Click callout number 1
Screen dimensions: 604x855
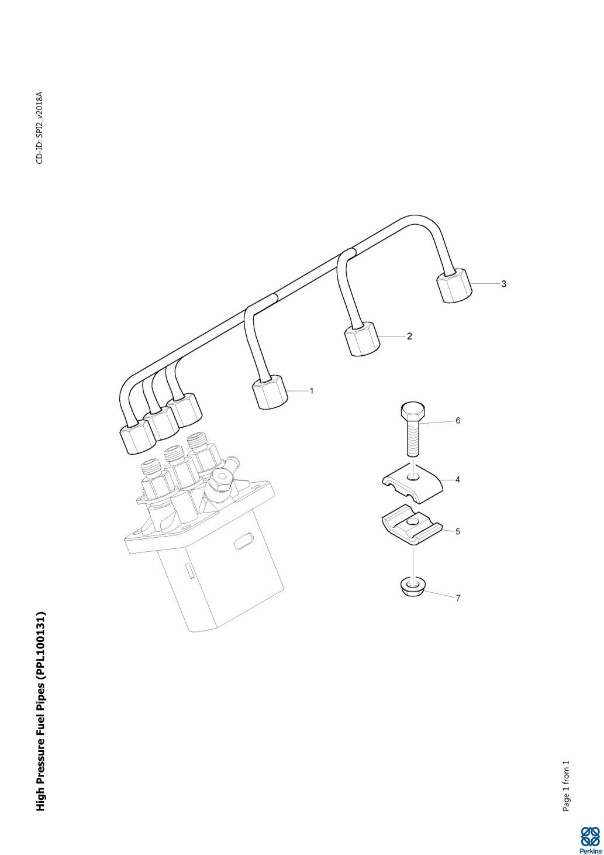click(311, 391)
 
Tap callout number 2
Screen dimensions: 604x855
click(409, 336)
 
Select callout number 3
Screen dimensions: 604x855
click(503, 284)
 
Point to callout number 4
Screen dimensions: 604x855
click(458, 479)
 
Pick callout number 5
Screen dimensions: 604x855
click(458, 531)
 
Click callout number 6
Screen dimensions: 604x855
click(458, 421)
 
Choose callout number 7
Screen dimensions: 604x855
click(458, 598)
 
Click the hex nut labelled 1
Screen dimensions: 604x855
click(270, 392)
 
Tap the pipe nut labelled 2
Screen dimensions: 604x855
click(363, 339)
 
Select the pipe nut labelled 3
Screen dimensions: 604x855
click(454, 286)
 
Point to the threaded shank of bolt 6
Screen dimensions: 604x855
click(413, 437)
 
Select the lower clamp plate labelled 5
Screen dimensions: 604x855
click(412, 526)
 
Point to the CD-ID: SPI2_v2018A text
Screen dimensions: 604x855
click(40, 128)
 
